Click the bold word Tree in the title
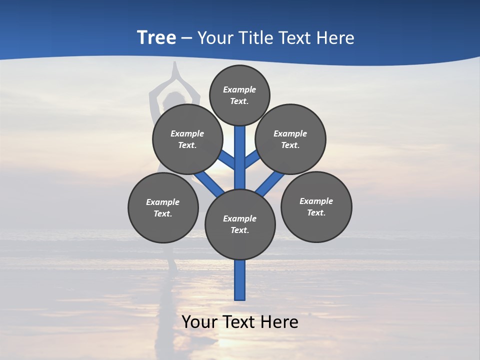tap(156, 38)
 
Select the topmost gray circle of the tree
tap(239, 95)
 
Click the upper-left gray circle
tap(187, 139)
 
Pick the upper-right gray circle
tap(290, 139)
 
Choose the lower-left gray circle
tap(163, 207)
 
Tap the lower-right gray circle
tap(316, 206)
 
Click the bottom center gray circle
tap(240, 224)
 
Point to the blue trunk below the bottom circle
tap(240, 280)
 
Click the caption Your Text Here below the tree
tap(240, 322)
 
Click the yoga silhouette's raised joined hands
tap(174, 72)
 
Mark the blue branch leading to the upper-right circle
tap(251, 159)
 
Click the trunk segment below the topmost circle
tap(240, 150)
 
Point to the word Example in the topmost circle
tap(239, 89)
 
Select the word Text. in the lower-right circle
tap(316, 212)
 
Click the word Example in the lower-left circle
tap(163, 202)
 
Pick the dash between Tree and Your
tap(186, 38)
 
